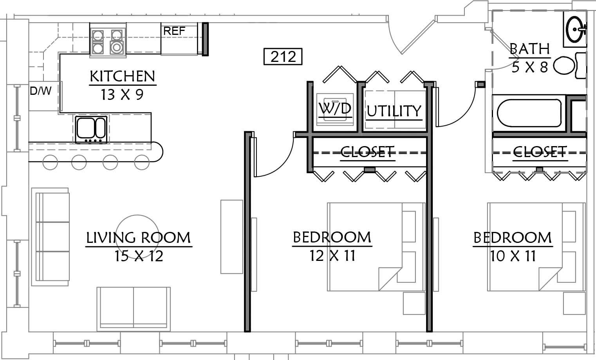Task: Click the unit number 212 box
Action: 283,56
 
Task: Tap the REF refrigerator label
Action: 174,31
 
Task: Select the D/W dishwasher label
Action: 41,91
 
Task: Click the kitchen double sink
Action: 91,129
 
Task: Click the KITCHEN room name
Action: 123,76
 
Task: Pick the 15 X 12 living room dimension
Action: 139,256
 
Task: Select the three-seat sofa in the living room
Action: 50,237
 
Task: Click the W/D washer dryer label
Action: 335,108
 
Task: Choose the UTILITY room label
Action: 394,111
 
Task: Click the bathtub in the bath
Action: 529,113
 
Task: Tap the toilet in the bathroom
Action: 569,65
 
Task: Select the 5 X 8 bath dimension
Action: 529,67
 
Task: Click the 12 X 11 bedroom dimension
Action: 332,256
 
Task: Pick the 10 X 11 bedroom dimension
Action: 513,256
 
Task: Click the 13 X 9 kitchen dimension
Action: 122,94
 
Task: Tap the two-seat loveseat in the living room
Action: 134,309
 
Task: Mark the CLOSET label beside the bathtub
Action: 540,152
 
